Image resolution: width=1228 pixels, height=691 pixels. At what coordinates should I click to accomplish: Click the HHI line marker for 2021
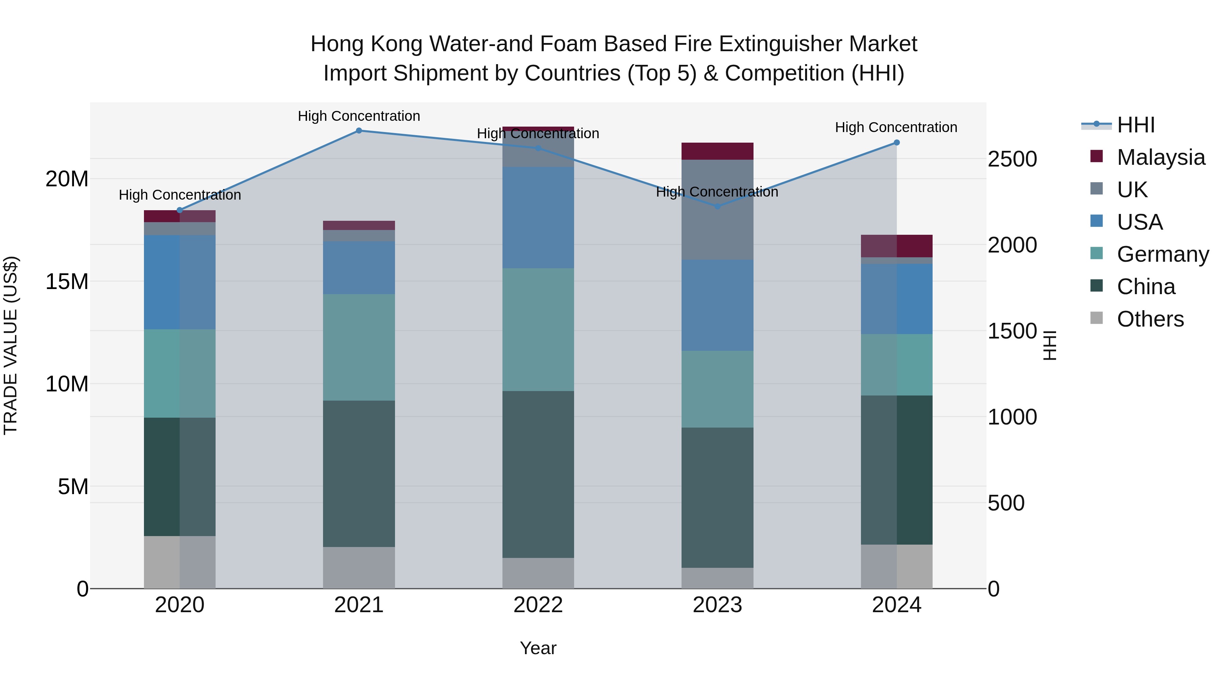tap(359, 131)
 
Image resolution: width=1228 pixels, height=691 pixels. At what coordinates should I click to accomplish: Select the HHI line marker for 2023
tap(717, 206)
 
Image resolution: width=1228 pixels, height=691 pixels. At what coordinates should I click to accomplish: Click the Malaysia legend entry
tap(1160, 157)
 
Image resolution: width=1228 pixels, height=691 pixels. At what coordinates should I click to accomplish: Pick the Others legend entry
tap(1150, 319)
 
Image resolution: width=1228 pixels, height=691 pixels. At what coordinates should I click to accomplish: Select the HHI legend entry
tap(1136, 125)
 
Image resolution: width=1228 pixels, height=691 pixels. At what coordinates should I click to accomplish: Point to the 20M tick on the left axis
tap(67, 179)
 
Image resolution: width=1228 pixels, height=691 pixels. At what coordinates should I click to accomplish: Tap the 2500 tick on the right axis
tap(1012, 159)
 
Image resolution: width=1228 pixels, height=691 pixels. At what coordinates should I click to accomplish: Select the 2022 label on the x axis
tap(538, 605)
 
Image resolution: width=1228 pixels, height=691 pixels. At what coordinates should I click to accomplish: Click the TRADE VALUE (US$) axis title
tap(11, 345)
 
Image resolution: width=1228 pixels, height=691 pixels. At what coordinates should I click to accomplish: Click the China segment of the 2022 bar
tap(538, 475)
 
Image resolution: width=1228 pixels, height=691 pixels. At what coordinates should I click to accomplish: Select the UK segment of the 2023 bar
tap(717, 210)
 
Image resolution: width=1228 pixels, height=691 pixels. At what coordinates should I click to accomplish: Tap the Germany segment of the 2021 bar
tap(359, 347)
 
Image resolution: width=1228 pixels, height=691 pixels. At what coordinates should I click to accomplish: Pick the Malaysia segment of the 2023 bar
tap(717, 151)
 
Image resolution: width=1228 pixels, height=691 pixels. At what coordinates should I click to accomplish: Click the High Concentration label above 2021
tap(359, 116)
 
